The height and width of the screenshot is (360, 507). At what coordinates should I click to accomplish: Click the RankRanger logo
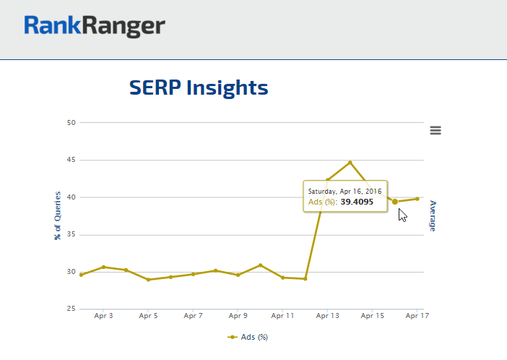click(x=95, y=27)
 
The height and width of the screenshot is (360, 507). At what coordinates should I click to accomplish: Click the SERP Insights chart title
click(x=199, y=87)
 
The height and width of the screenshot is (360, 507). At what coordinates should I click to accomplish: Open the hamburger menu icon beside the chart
click(x=435, y=130)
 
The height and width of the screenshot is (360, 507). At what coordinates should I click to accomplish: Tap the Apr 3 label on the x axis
click(x=103, y=316)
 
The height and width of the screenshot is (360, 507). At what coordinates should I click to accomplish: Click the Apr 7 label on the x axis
click(x=193, y=316)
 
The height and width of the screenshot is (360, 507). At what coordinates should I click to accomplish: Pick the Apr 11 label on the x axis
click(x=282, y=316)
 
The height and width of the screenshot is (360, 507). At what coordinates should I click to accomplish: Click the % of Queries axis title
click(x=58, y=215)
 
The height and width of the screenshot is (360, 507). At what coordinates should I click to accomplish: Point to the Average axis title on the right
click(x=433, y=215)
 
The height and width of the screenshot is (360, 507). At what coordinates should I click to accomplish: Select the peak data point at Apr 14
click(x=350, y=162)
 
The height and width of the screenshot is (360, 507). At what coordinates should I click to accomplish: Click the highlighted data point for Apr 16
click(x=394, y=202)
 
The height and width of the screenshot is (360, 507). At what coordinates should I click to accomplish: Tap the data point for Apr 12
click(x=305, y=279)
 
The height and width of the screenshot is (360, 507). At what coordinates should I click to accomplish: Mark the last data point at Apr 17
click(x=417, y=199)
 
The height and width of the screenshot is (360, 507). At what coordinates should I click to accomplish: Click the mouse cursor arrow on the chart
click(x=402, y=215)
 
